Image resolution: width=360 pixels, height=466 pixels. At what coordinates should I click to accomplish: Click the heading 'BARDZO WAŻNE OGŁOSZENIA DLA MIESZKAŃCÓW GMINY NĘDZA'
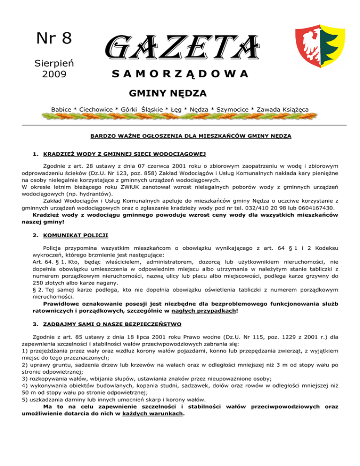190,136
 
